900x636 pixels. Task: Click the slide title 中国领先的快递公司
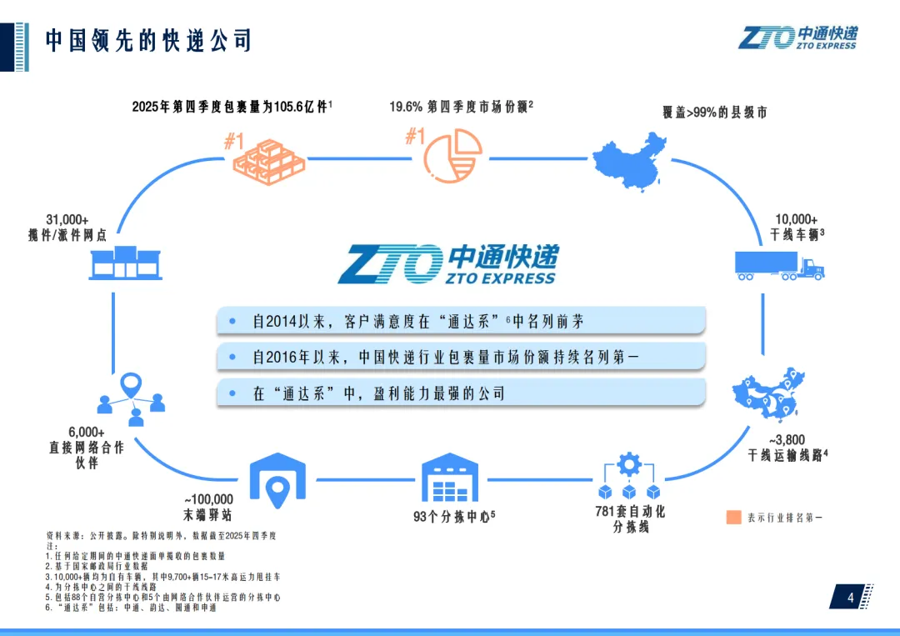tap(148, 40)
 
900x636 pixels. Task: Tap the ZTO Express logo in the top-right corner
tap(797, 37)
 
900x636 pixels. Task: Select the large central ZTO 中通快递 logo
tap(447, 264)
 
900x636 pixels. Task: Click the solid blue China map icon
tap(631, 158)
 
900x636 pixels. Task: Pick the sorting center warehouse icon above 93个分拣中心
tap(449, 478)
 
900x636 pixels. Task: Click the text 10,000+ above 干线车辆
tap(796, 219)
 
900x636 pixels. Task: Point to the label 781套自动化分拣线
tap(630, 519)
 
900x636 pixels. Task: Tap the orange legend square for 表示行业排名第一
tap(733, 517)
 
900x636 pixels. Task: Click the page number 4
tap(851, 598)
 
